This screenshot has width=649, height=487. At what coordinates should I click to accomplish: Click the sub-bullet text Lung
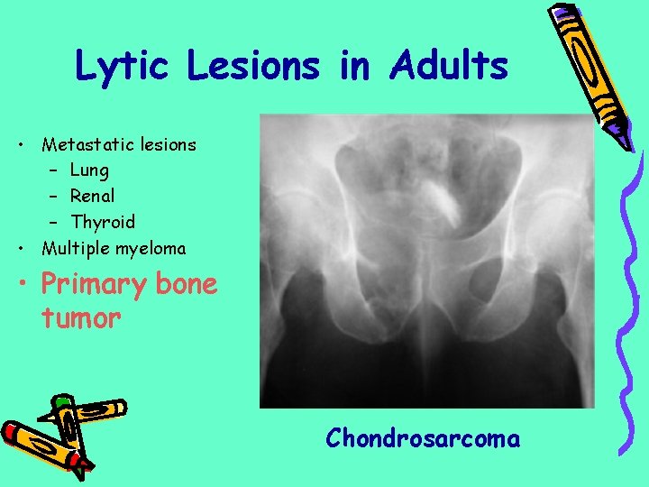(x=89, y=170)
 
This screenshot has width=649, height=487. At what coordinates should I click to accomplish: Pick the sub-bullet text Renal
(x=93, y=196)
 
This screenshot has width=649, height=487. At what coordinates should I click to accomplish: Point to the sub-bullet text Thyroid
(x=103, y=222)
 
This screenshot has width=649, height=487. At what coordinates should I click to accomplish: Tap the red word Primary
(x=93, y=285)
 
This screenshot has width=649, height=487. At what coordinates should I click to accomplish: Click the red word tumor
(x=80, y=317)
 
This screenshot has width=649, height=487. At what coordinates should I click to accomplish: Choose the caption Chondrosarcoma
(x=423, y=439)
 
